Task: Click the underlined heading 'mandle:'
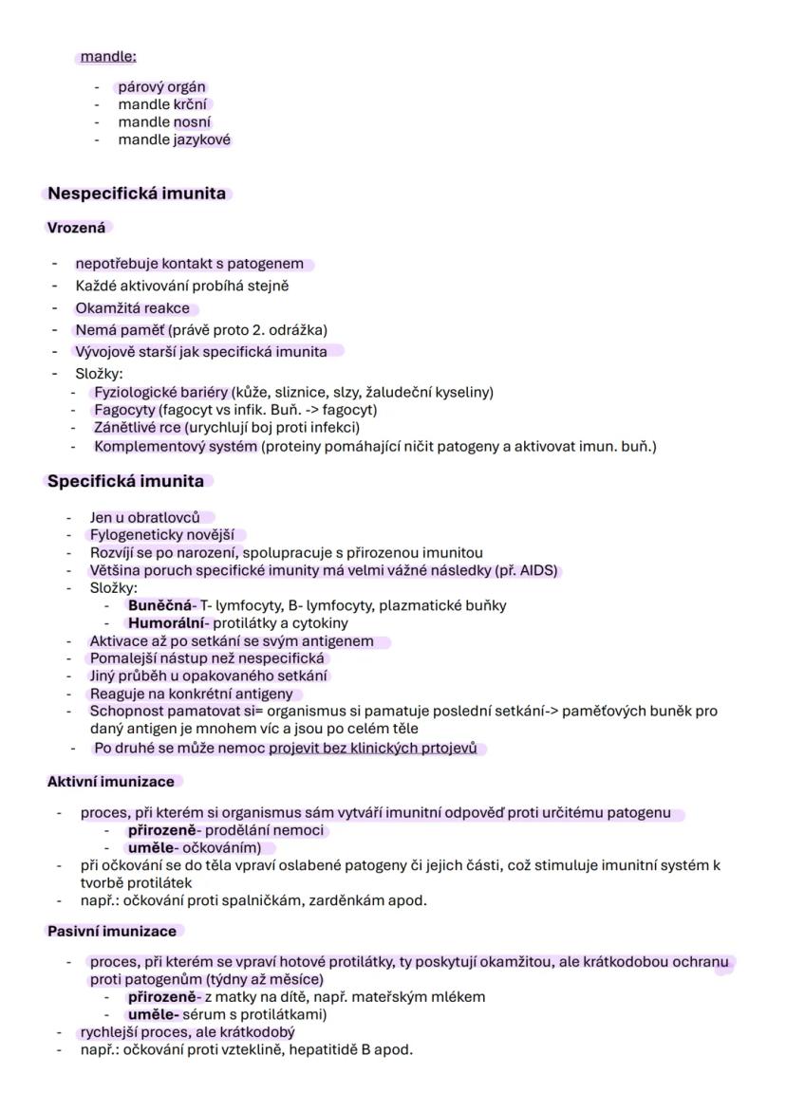point(108,57)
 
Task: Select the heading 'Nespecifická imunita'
point(137,194)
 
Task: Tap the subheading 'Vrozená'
point(76,228)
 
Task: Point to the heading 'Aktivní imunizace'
point(111,782)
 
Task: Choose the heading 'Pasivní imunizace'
point(112,931)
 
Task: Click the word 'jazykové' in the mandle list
point(202,139)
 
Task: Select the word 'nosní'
point(193,122)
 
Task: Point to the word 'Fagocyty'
point(126,410)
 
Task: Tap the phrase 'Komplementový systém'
point(176,446)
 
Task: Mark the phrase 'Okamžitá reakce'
point(132,308)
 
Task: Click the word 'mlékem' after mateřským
point(462,996)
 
